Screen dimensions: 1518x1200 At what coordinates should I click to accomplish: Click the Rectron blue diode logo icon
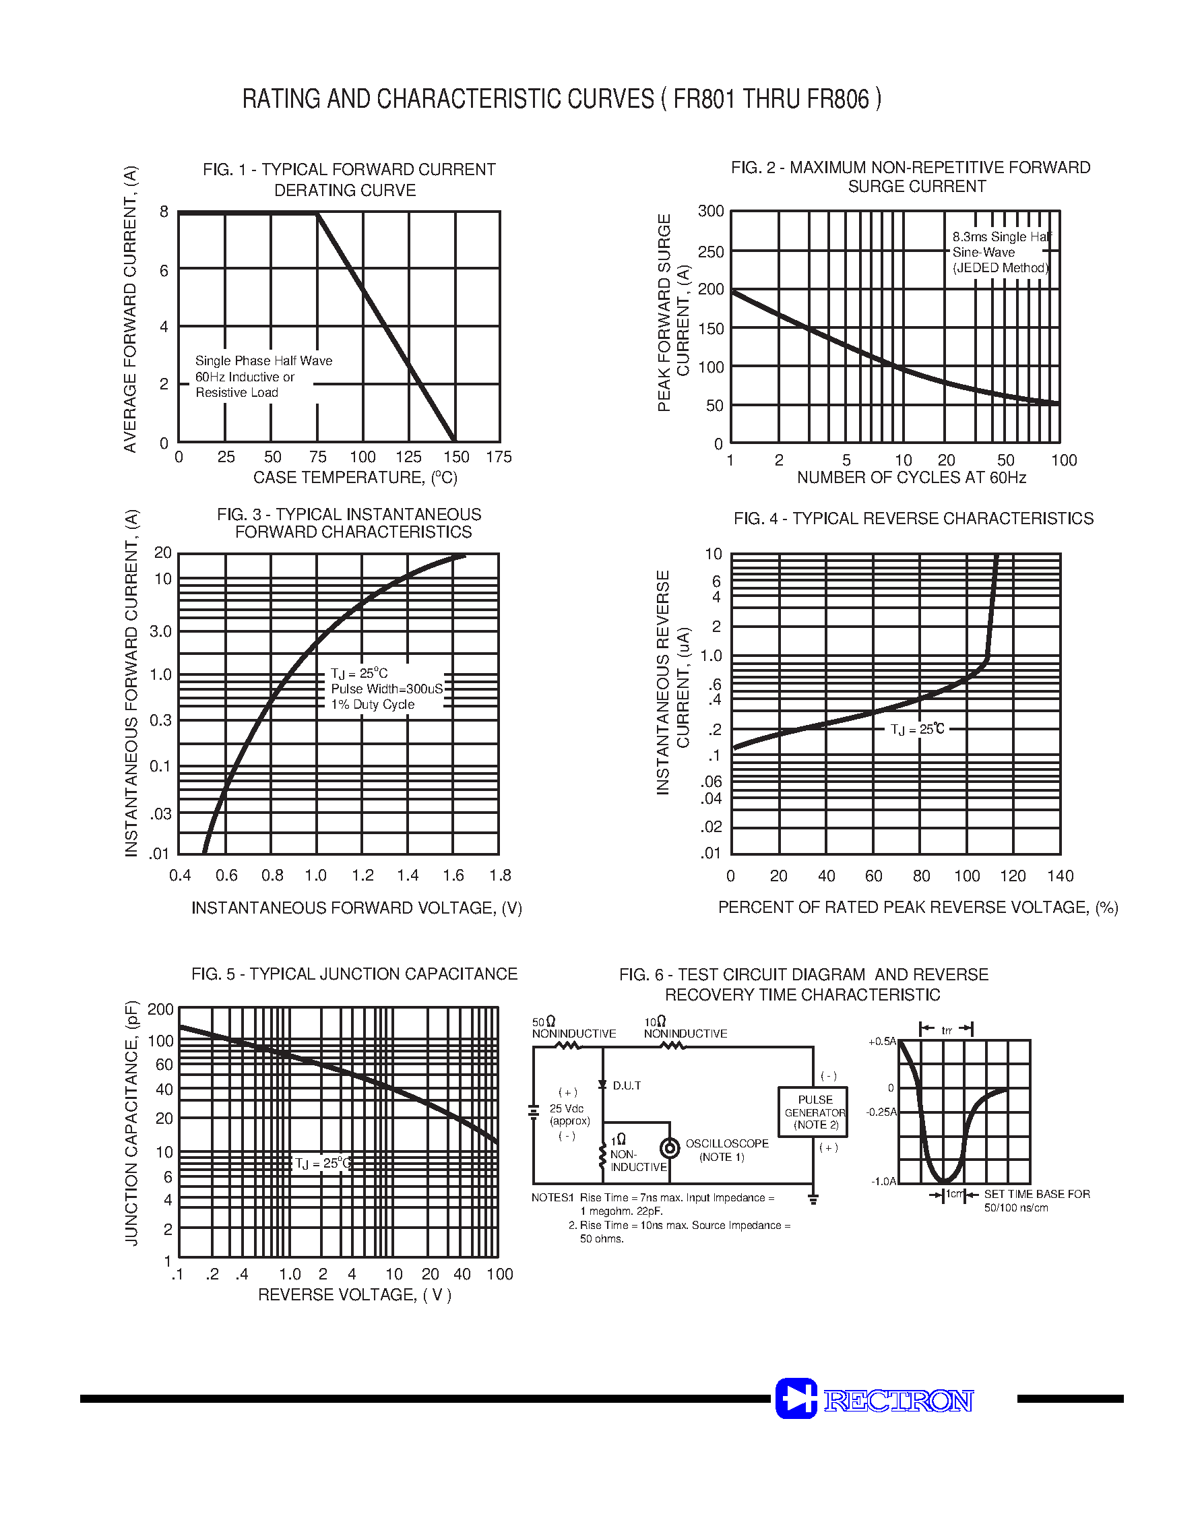point(796,1398)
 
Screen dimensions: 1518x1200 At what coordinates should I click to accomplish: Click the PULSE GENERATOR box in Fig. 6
point(813,1112)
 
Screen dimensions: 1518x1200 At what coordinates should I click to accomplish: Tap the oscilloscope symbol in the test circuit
point(670,1148)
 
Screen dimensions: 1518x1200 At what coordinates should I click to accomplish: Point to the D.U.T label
point(627,1085)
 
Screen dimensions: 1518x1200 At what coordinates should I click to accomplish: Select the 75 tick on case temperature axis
point(317,457)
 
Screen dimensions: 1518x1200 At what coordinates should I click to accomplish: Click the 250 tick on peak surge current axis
point(710,251)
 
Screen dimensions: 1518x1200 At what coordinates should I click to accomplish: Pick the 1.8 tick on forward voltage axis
point(499,875)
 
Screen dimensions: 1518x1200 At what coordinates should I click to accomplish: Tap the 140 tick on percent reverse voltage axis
point(1059,876)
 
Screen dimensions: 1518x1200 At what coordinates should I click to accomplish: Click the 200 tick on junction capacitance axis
point(160,1009)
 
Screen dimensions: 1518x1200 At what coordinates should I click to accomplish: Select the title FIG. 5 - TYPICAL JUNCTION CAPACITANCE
point(354,974)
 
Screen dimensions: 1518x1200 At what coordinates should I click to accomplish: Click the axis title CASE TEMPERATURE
point(355,478)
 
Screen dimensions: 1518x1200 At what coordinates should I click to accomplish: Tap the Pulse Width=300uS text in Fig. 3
point(387,689)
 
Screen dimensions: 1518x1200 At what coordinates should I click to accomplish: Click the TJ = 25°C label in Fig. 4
point(917,729)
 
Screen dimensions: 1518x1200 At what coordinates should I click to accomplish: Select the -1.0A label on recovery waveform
point(884,1181)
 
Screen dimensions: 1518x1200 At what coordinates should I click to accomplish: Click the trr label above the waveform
point(947,1030)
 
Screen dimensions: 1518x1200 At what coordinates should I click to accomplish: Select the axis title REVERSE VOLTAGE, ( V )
point(355,1294)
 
